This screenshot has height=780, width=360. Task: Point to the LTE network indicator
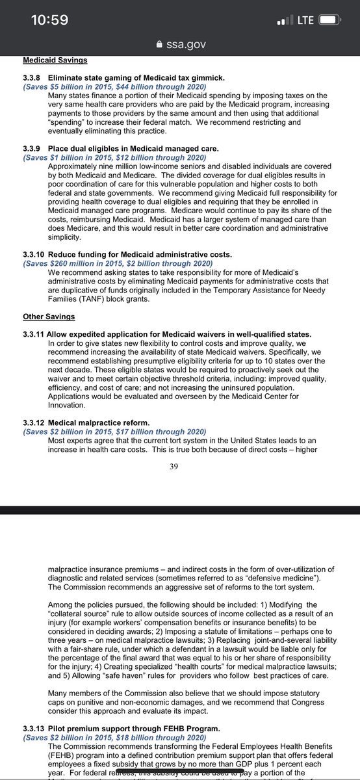pyautogui.click(x=305, y=21)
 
